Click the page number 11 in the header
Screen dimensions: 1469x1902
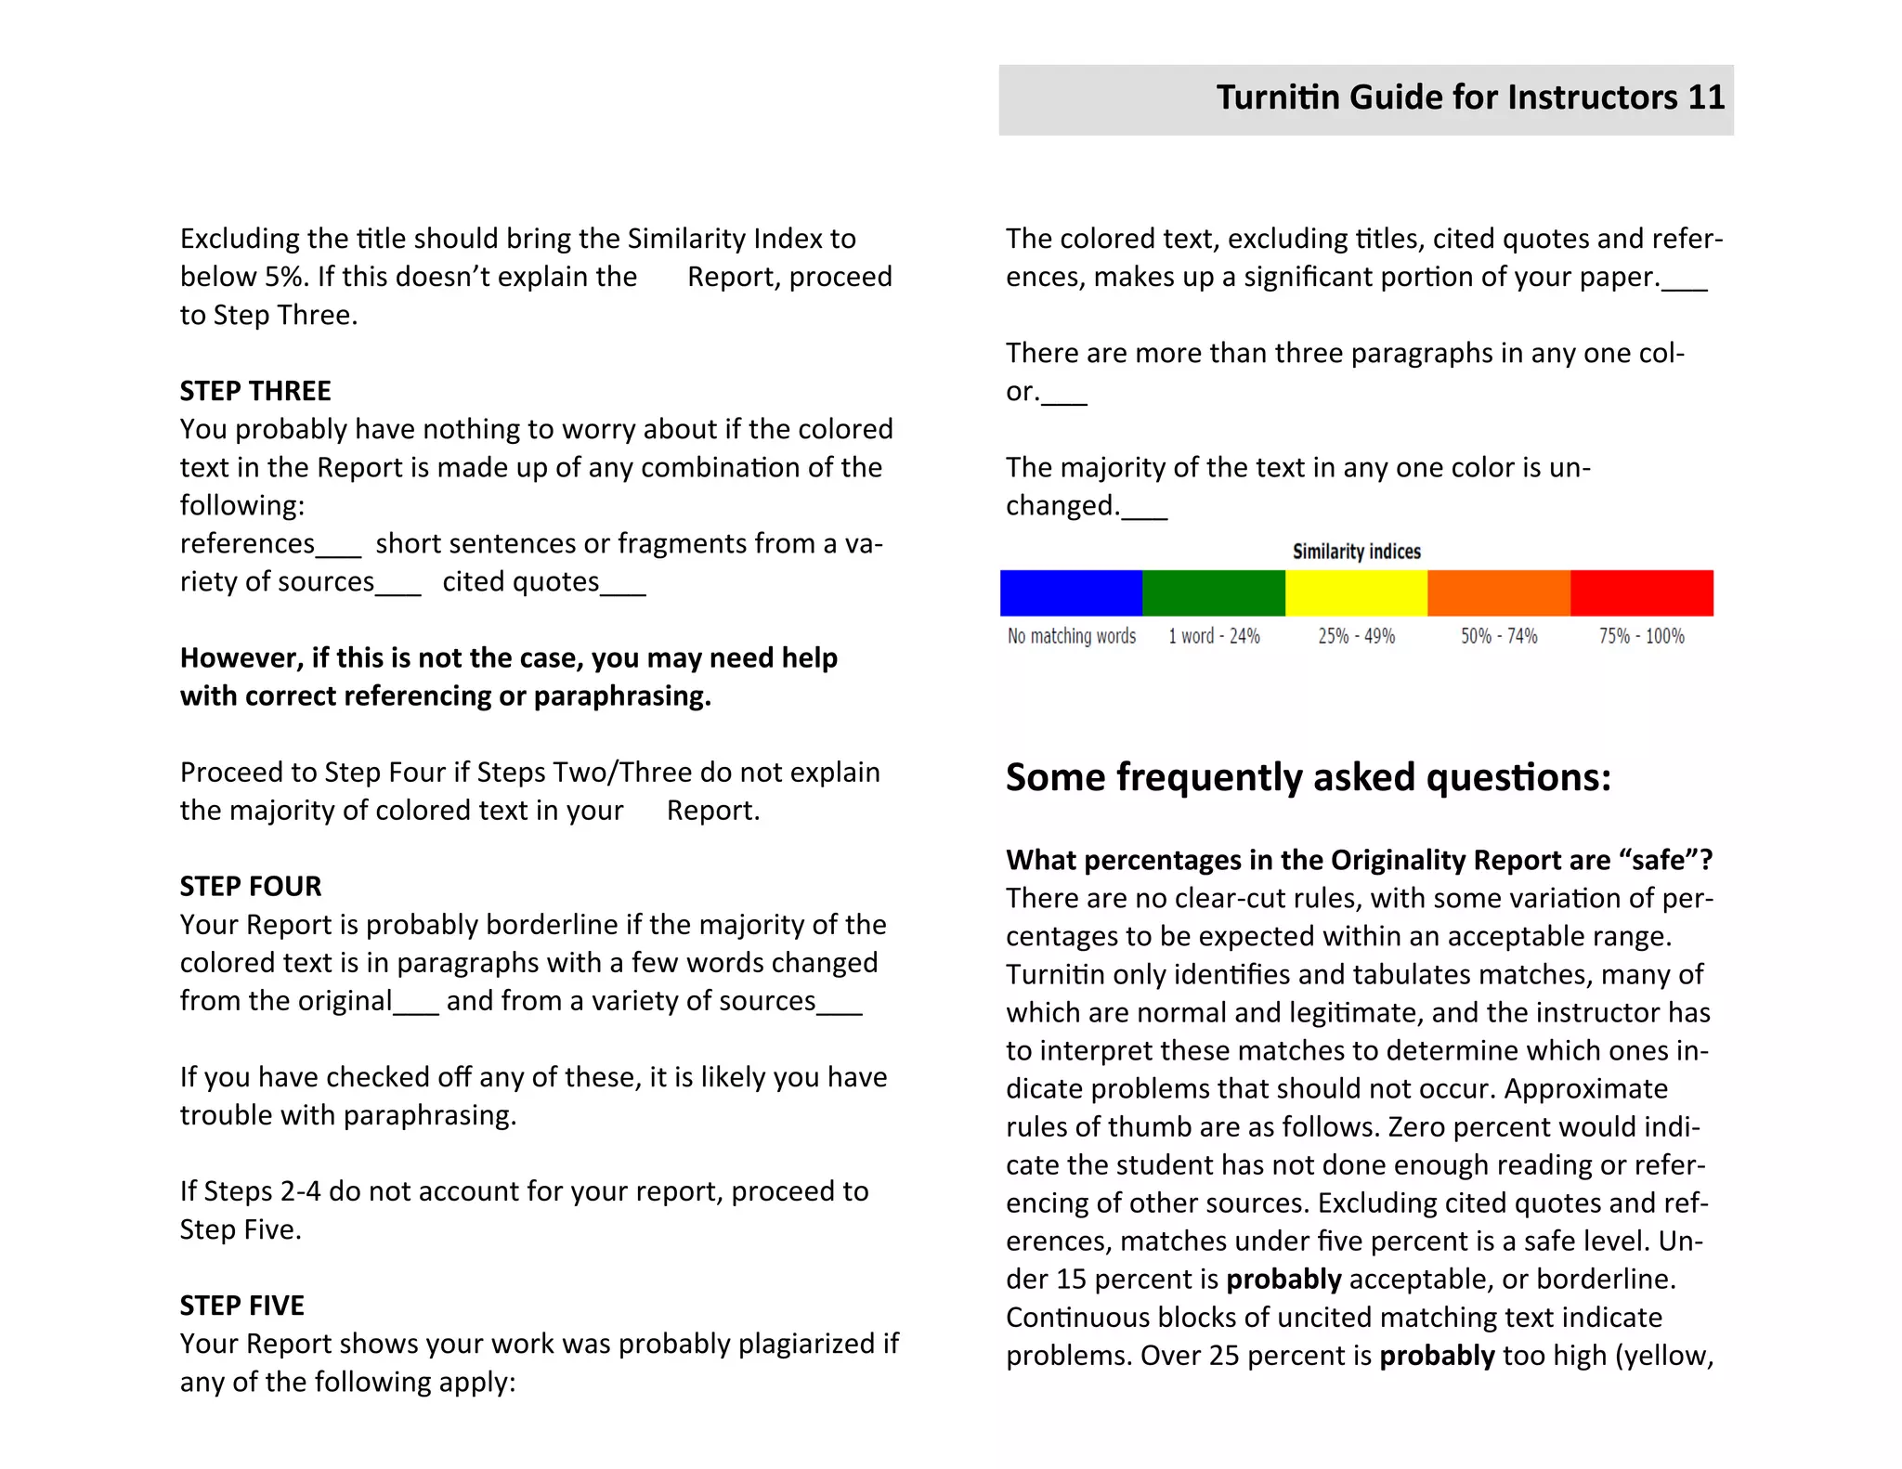pyautogui.click(x=1706, y=97)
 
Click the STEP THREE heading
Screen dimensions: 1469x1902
pyautogui.click(x=255, y=391)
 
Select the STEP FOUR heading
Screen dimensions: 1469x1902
pyautogui.click(x=251, y=886)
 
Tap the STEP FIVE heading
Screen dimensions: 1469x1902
pyautogui.click(x=241, y=1306)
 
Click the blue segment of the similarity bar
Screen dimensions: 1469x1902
pyautogui.click(x=1071, y=593)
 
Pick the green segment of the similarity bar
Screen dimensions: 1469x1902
pyautogui.click(x=1214, y=593)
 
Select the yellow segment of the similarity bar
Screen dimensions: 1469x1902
pyautogui.click(x=1356, y=593)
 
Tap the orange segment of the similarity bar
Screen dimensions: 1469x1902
pyautogui.click(x=1499, y=593)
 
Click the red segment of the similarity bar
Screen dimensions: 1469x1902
pyautogui.click(x=1642, y=593)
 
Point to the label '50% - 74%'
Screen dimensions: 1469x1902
pyautogui.click(x=1499, y=636)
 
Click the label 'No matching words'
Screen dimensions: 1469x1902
pyautogui.click(x=1072, y=636)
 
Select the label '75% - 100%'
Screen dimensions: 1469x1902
pyautogui.click(x=1641, y=636)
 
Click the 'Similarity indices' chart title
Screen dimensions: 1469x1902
pyautogui.click(x=1356, y=552)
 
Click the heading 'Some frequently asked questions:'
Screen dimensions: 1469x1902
pyautogui.click(x=1308, y=777)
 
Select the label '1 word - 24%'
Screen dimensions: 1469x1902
pyautogui.click(x=1214, y=636)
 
